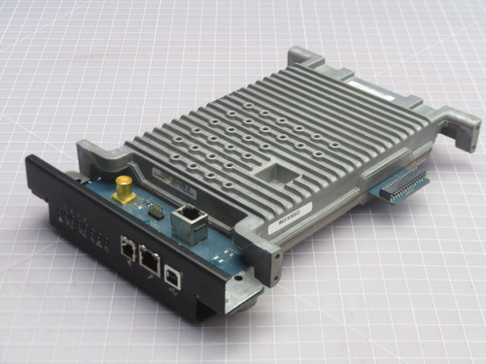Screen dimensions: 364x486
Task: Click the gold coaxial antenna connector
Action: (124, 186)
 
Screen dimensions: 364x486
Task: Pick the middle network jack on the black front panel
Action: (150, 257)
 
